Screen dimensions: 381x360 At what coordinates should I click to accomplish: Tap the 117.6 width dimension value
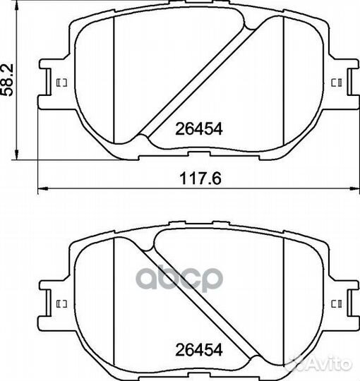click(x=200, y=178)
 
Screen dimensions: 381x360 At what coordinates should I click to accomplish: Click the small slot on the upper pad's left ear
click(x=61, y=83)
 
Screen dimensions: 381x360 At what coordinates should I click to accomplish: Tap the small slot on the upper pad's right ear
click(x=337, y=83)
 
